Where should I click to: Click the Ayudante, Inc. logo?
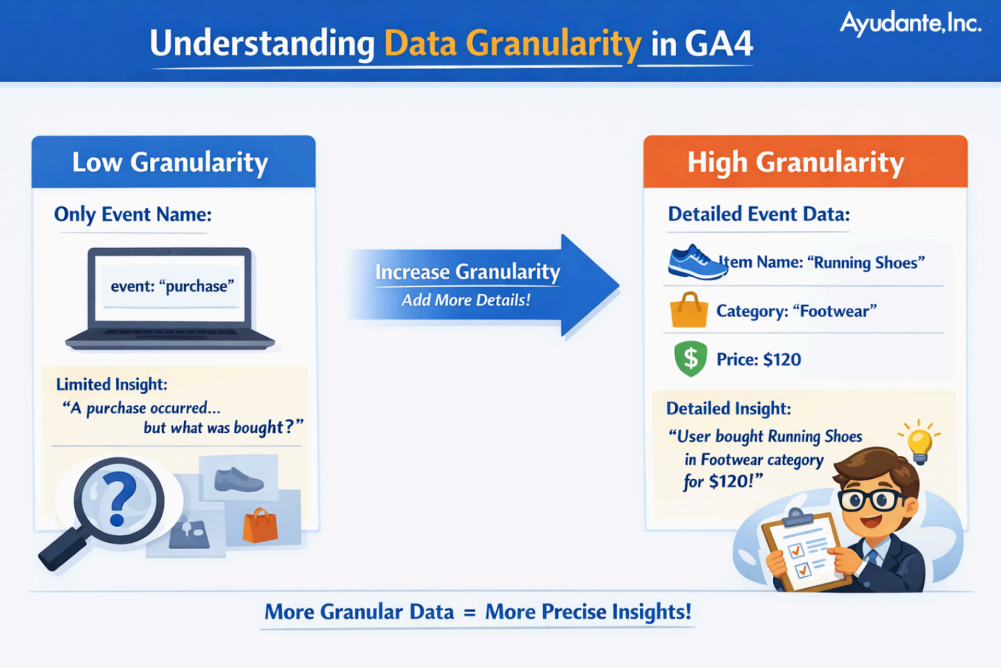point(910,24)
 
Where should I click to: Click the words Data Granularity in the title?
point(513,43)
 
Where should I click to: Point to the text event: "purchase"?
point(172,286)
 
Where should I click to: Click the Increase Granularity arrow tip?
point(619,285)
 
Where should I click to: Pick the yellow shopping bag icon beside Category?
point(688,310)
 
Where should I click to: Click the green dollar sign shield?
point(690,359)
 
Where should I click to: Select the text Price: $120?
point(759,359)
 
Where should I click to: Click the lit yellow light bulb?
point(920,443)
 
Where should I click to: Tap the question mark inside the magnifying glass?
point(118,498)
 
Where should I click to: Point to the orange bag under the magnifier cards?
point(260,526)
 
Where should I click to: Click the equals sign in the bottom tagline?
point(469,612)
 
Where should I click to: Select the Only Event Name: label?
point(133,215)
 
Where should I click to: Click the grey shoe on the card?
point(239,480)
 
